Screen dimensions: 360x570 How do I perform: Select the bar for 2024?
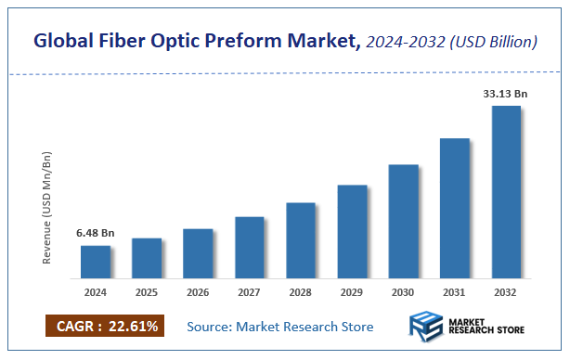coord(96,262)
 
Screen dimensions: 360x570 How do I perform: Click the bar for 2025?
coord(147,258)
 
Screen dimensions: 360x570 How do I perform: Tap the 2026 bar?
coord(198,253)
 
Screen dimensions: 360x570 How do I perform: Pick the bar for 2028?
coord(301,240)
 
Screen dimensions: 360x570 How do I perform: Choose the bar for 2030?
coord(403,221)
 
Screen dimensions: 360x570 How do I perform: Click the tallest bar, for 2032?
coord(506,191)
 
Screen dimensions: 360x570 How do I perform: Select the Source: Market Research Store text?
coord(280,327)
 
